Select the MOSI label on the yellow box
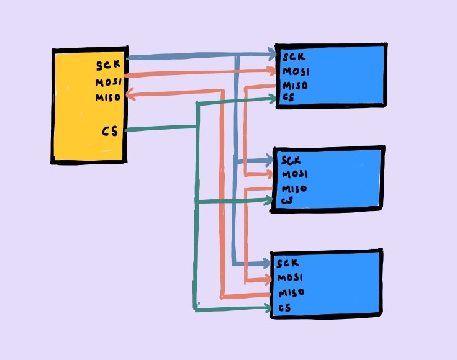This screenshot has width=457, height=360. pos(109,82)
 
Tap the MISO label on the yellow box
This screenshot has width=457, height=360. pos(108,97)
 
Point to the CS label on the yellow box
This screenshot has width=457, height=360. pos(110,131)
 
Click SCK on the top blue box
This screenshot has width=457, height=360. pos(294,58)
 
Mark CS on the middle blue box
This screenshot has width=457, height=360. pos(286,200)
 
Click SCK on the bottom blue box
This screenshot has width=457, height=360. pos(289,263)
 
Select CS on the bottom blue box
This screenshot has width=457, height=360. pos(284,308)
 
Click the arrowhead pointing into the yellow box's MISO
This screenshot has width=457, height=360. pos(130,95)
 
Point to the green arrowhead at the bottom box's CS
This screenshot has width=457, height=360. pos(268,308)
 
